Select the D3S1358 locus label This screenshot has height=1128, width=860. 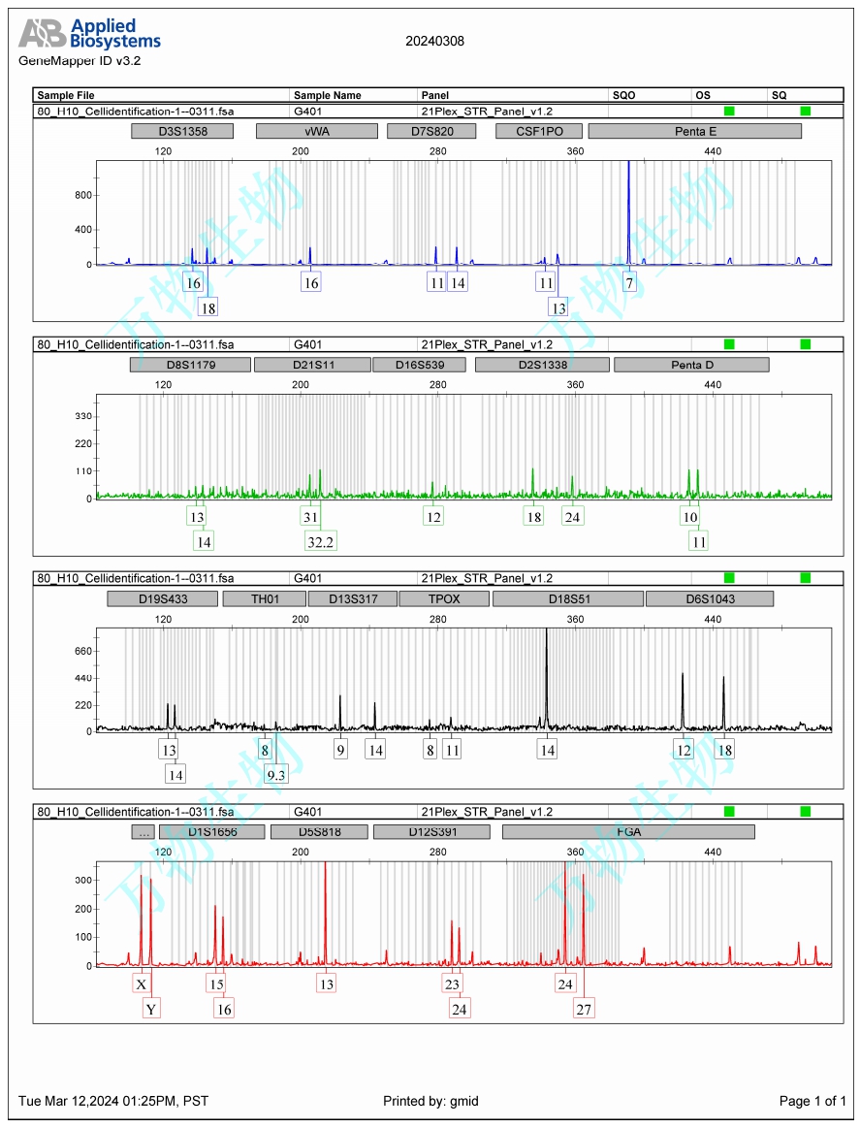[182, 131]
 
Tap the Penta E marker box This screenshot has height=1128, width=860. [694, 131]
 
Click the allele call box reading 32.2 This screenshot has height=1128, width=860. [320, 541]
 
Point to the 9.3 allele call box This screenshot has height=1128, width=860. [275, 774]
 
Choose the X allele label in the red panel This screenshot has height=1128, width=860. [142, 984]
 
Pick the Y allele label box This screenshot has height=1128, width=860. [151, 1010]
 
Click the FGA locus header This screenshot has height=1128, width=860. [627, 832]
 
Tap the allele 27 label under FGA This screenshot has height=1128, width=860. [584, 1010]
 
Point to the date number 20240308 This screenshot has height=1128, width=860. [434, 41]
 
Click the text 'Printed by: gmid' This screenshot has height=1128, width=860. [430, 1101]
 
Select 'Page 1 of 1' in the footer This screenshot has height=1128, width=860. [812, 1101]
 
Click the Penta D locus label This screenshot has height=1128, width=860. [690, 365]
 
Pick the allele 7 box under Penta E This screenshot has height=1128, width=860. [629, 283]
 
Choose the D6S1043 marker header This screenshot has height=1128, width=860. [709, 598]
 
